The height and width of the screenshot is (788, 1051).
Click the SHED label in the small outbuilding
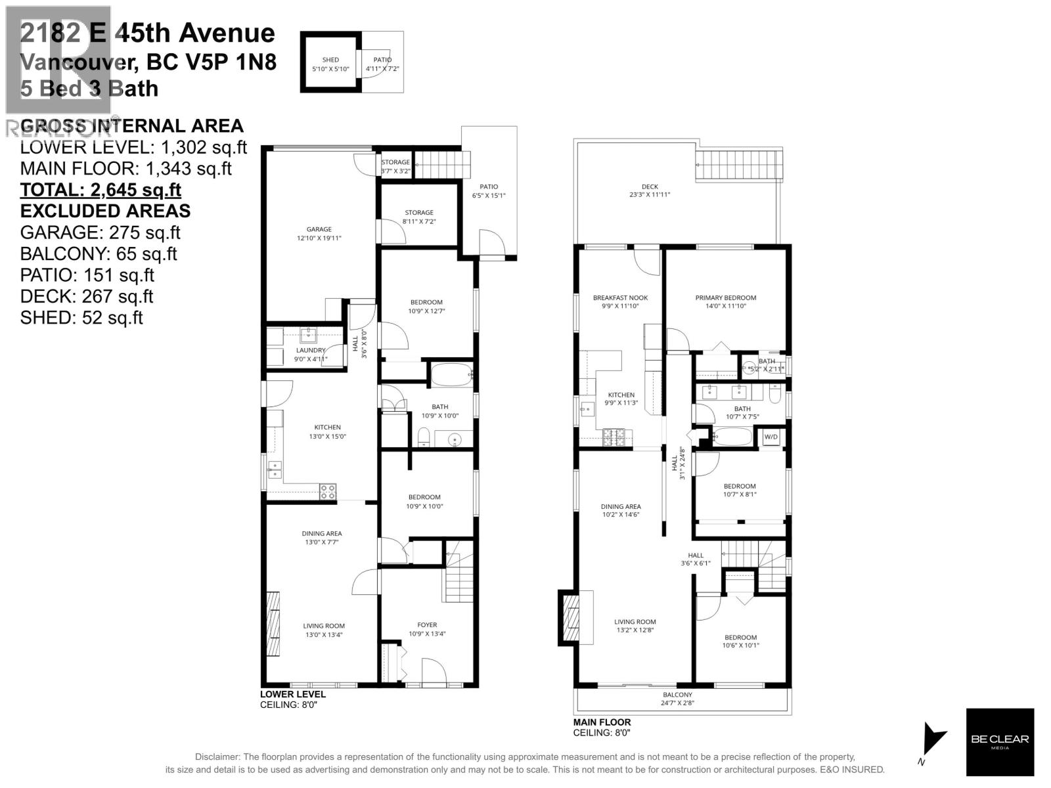330,60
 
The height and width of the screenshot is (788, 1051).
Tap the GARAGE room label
319,230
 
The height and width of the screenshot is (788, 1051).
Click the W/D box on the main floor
771,437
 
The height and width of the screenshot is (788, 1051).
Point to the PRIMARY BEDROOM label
725,298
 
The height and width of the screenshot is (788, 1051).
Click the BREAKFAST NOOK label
620,298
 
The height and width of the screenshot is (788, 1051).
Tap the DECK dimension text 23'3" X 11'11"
649,195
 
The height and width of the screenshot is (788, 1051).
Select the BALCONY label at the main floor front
677,695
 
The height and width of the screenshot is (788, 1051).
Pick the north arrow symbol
933,740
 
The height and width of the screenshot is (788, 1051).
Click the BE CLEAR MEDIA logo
999,742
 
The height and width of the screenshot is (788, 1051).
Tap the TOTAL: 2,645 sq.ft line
101,190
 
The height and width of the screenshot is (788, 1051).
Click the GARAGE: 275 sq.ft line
100,232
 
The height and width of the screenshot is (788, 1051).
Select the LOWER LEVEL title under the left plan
293,694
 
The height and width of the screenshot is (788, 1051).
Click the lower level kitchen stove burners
328,491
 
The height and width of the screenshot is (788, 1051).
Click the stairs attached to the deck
740,164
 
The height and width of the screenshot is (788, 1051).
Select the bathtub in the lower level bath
451,374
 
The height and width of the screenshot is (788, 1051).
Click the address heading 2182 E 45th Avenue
148,33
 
